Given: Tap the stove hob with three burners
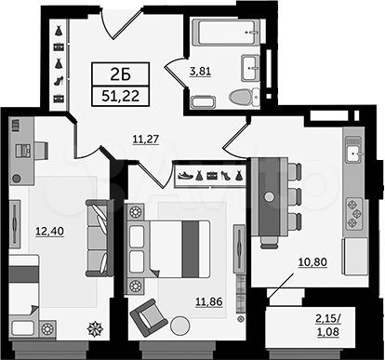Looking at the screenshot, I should [353, 213].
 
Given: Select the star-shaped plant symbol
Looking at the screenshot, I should [95, 327].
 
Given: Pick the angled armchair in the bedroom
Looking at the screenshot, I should [145, 319].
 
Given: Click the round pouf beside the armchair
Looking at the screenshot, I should [180, 326].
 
